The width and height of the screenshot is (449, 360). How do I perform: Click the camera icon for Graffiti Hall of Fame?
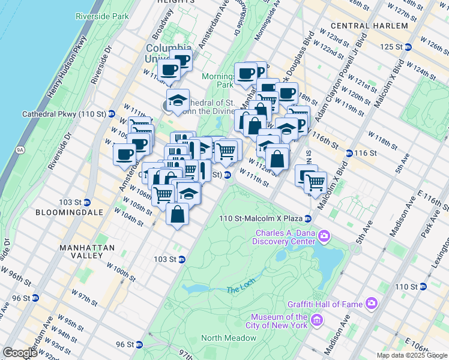tap(372, 304)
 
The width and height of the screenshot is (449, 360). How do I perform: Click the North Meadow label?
tap(229, 338)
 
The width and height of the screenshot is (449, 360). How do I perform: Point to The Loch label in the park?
tap(241, 290)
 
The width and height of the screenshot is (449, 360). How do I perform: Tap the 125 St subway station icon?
tap(408, 47)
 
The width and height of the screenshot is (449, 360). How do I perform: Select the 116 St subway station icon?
tap(349, 153)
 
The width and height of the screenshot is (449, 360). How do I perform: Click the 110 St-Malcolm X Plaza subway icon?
tap(307, 218)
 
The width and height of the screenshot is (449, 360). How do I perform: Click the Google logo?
tap(20, 353)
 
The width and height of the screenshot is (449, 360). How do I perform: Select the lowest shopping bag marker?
tap(177, 214)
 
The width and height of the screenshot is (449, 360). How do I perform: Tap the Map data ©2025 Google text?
tap(411, 355)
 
